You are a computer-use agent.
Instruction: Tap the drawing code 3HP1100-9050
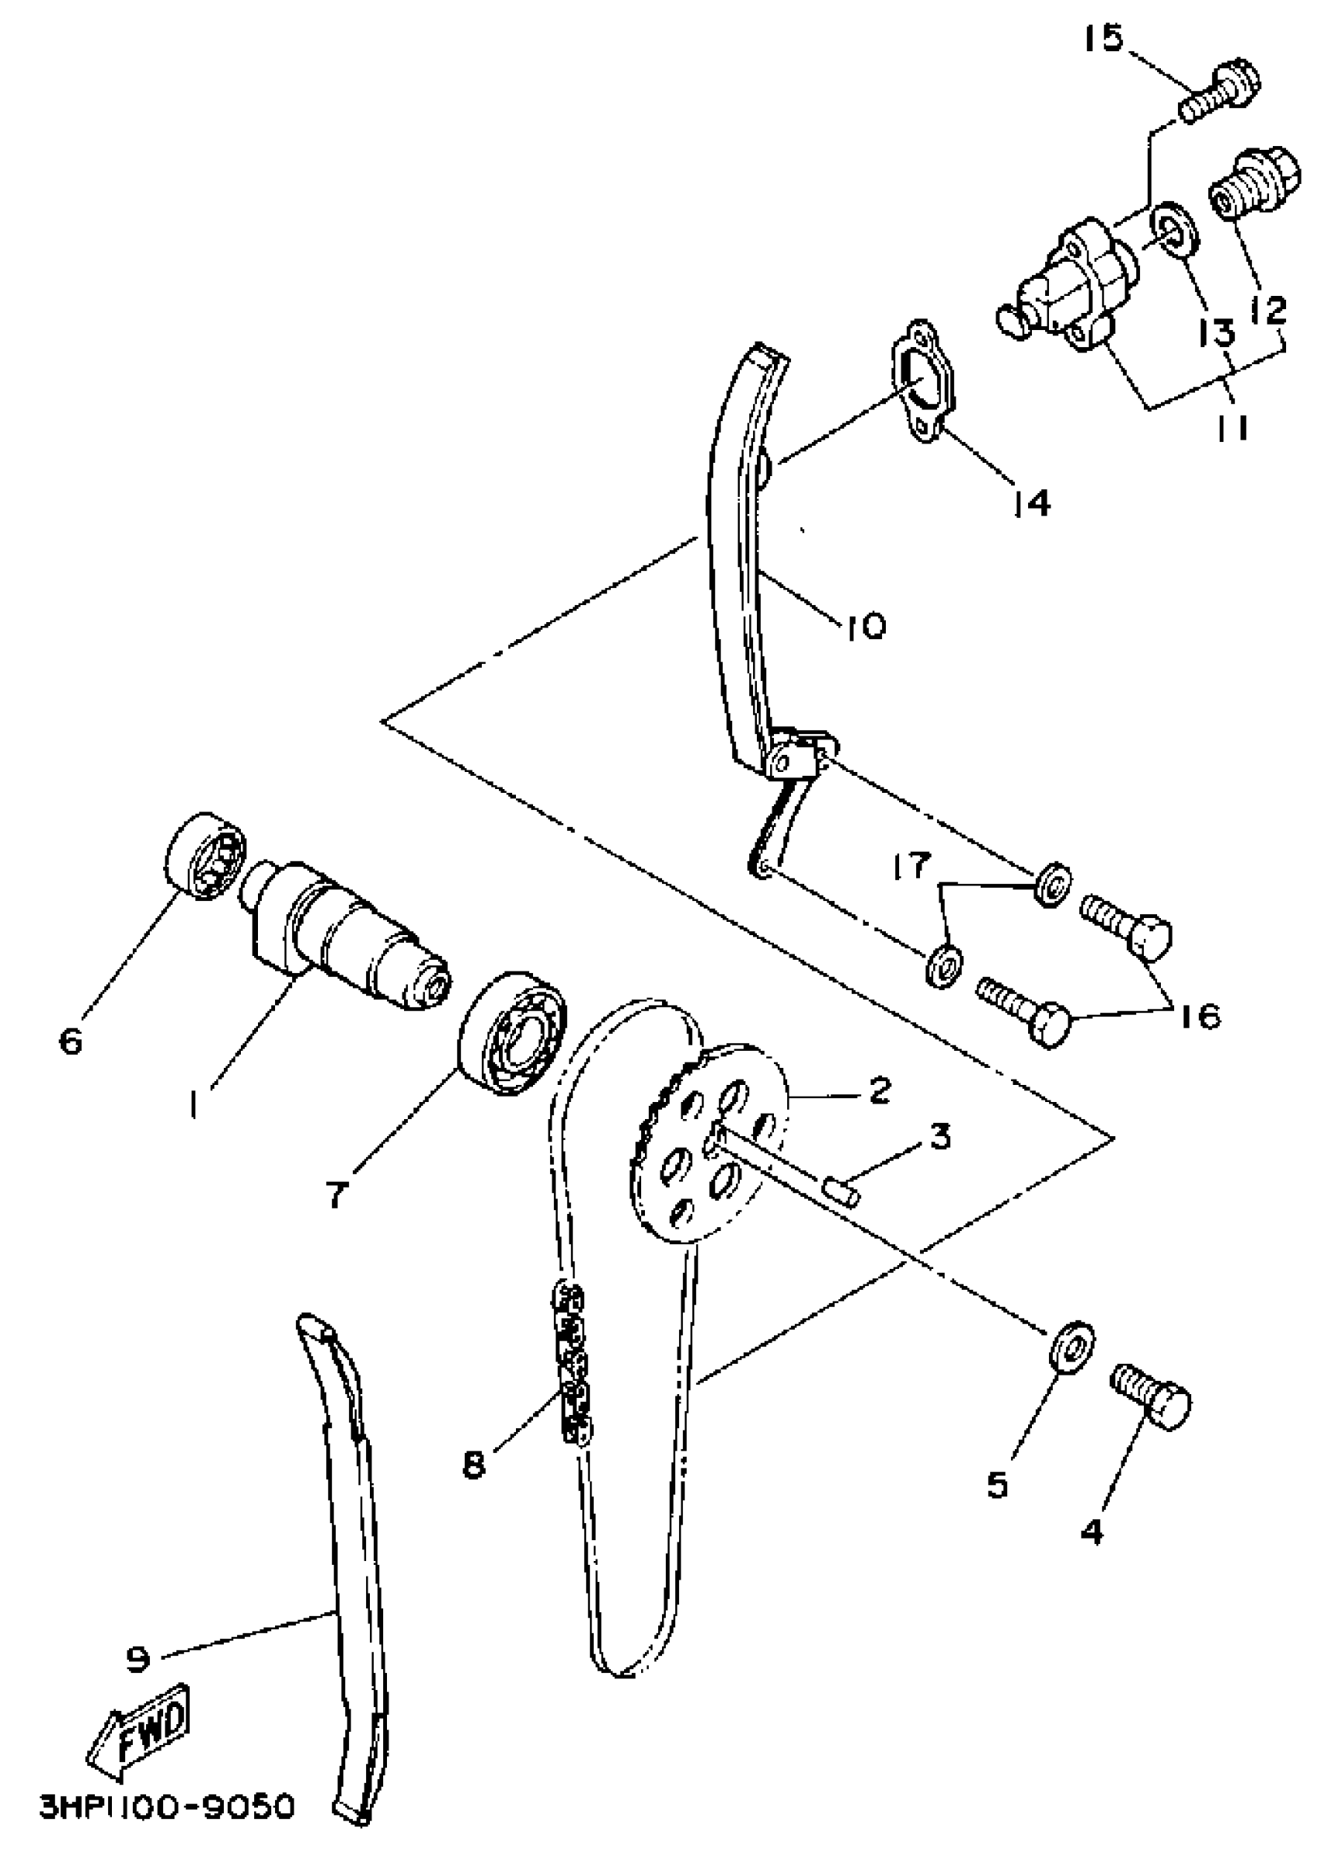(x=167, y=1806)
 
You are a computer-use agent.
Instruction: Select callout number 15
(x=1104, y=37)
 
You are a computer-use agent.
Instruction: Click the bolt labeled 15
(x=1222, y=92)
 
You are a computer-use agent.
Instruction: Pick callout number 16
(x=1197, y=1015)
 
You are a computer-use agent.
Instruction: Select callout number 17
(x=911, y=865)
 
